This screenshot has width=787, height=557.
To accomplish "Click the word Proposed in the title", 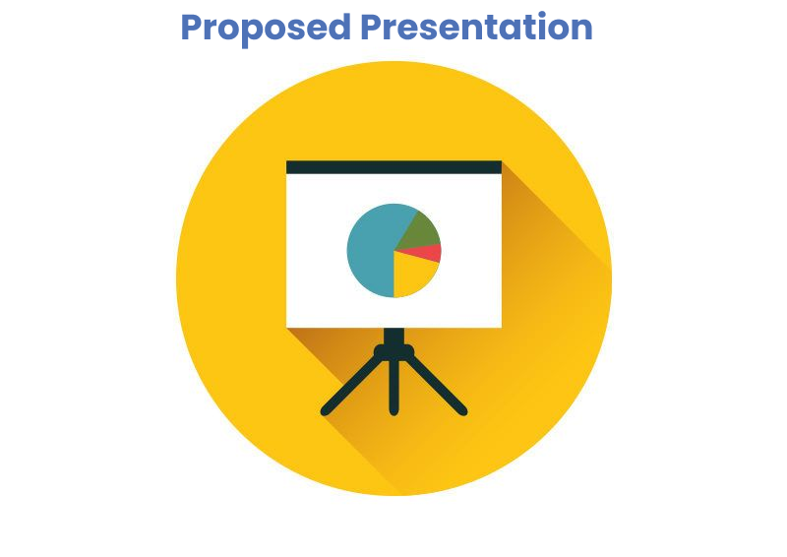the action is pos(266,30).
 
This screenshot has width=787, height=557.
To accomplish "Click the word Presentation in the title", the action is pos(477,27).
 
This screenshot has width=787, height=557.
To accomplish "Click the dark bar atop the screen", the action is pos(394,167).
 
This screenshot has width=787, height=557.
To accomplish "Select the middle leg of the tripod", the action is pos(394,387).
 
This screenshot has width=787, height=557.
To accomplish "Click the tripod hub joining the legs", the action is pos(394,352).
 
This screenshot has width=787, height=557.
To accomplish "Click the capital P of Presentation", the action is pos(372,28).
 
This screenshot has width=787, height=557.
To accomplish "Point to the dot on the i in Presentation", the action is pos(542,14).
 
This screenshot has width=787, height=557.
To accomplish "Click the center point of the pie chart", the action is pos(394,251).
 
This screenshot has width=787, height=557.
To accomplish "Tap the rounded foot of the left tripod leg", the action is pos(326,411).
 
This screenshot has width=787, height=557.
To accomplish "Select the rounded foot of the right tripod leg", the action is pos(462,411).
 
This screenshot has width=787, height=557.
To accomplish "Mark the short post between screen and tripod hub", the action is pos(394,336).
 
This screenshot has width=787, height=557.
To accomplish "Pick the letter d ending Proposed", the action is pos(339,28).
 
